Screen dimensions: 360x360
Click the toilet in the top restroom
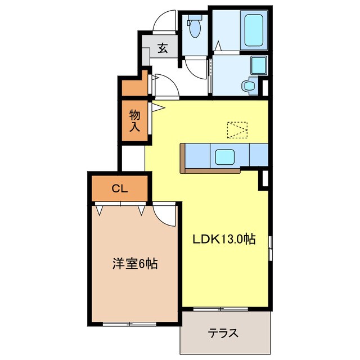(194, 26)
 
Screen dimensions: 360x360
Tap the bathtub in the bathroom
(254, 30)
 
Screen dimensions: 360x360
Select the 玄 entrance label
(163, 48)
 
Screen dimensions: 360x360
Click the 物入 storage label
(135, 120)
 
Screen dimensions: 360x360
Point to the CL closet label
(119, 189)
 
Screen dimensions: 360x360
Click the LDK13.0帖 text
(224, 239)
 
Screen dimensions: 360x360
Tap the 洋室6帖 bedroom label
(135, 263)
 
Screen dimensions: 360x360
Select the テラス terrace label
(223, 333)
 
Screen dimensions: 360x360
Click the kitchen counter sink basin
(225, 157)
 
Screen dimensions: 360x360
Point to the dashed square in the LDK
(237, 130)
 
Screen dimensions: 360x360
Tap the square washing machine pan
(259, 65)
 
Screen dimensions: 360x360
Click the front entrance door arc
(164, 21)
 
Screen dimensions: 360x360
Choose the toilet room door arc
(196, 69)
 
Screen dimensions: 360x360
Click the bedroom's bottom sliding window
(129, 324)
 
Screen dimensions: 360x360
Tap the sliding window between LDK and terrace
(220, 309)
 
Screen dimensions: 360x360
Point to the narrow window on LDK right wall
(270, 247)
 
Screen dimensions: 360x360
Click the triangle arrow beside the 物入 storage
(158, 107)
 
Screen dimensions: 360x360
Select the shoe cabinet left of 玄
(146, 56)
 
